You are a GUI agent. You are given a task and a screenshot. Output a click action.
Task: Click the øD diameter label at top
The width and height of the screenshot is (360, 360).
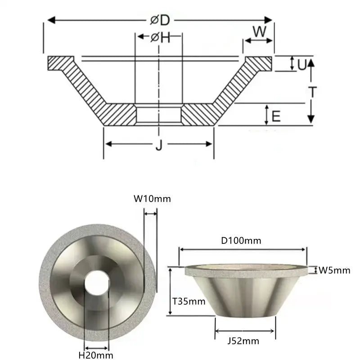coord(160,20)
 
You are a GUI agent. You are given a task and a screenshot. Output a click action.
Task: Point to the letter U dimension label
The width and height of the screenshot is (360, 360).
coord(302,64)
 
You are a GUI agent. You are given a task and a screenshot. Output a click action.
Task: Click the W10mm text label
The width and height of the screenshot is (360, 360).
coord(152,198)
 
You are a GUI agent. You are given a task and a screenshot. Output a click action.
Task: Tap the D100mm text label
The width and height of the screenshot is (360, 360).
coord(243,240)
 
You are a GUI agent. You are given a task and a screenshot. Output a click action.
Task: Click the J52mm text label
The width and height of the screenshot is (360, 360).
coord(245,341)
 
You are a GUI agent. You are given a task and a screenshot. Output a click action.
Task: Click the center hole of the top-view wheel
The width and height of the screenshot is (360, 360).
coord(97,283)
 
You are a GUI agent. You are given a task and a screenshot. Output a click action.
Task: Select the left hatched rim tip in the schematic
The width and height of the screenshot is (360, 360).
coord(60,63)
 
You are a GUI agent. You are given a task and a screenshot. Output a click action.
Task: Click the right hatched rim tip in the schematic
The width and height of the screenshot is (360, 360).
coord(258,63)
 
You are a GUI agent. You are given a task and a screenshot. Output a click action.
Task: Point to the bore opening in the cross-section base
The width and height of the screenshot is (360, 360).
coord(158,115)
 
